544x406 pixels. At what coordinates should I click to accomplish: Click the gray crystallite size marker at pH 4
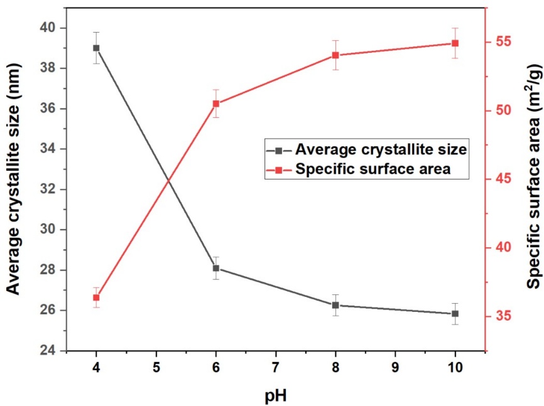(96, 48)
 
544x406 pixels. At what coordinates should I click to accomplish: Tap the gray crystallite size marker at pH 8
(335, 305)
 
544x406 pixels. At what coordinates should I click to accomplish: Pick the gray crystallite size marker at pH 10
(455, 314)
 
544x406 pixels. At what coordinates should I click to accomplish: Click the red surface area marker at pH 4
(96, 297)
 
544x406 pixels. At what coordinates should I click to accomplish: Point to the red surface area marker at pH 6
(216, 104)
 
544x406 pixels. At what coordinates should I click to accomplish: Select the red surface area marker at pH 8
(335, 55)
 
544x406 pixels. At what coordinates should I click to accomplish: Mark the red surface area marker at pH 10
(455, 43)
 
